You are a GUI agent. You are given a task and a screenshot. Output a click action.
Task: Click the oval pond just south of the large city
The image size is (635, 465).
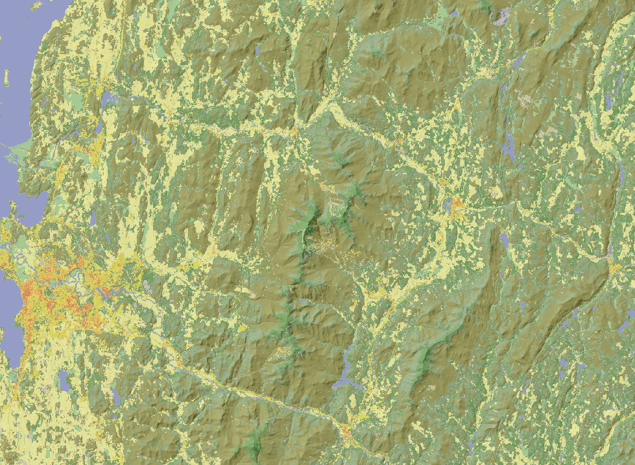tap(63, 381)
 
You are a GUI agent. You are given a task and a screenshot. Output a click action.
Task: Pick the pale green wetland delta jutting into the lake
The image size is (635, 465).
tap(19, 149)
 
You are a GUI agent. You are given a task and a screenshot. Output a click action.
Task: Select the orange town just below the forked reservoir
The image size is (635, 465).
tap(350, 432)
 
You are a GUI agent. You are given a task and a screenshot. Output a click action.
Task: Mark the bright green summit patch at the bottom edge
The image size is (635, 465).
tap(253, 448)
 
